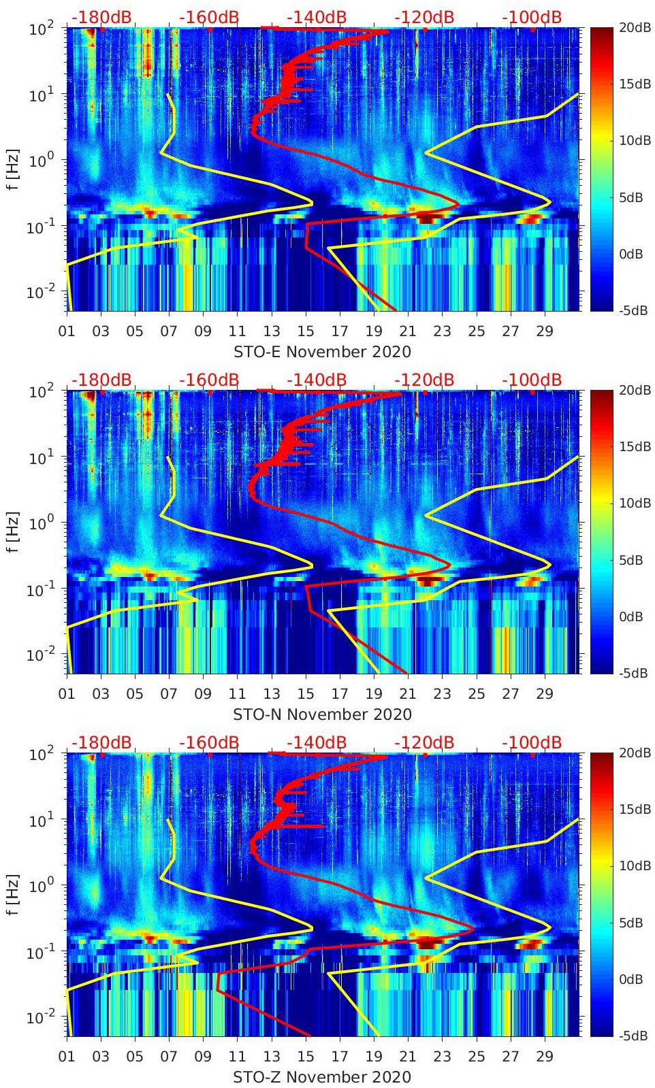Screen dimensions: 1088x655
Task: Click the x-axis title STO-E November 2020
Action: [x=322, y=352]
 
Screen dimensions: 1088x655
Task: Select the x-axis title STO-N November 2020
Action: [x=322, y=714]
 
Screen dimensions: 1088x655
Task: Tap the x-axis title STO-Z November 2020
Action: [x=322, y=1077]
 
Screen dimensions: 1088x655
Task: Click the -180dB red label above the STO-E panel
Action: [x=101, y=17]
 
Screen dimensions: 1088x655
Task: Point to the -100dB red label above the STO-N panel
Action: [x=532, y=380]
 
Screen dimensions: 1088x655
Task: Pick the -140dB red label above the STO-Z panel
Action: [x=317, y=742]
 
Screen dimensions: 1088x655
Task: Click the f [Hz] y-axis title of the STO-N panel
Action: [x=12, y=532]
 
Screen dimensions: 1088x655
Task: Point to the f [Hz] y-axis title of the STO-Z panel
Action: [x=12, y=895]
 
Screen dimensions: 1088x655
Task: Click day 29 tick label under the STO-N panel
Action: [x=545, y=694]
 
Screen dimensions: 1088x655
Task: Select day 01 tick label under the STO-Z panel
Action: [x=67, y=1057]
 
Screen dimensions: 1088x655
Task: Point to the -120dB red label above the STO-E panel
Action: [x=424, y=17]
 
